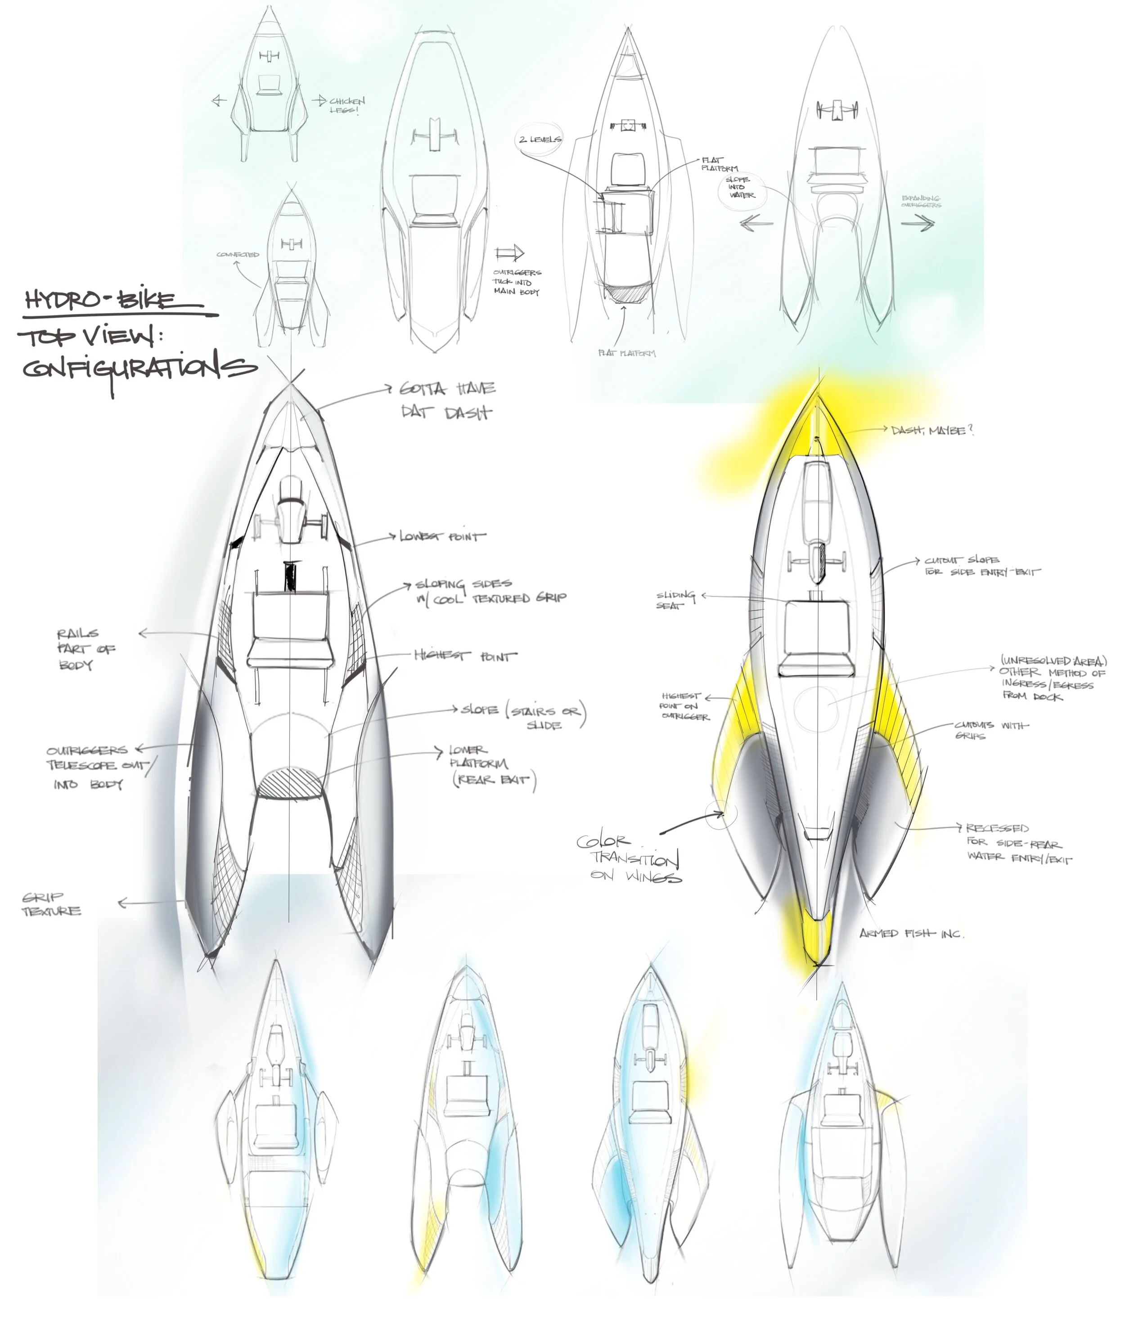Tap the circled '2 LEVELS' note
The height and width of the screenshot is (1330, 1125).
540,139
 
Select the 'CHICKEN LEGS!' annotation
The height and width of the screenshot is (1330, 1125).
347,105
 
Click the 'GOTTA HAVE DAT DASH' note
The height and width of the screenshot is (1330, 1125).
447,400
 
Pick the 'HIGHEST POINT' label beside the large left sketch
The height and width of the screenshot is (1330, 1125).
466,656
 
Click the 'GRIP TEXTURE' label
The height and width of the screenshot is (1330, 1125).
51,904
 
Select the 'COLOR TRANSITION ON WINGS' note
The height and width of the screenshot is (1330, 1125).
628,858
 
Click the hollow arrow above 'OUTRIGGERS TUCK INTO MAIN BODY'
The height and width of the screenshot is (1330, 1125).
509,252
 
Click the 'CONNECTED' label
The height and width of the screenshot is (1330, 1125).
238,254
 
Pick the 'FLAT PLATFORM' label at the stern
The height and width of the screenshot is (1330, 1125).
626,353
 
